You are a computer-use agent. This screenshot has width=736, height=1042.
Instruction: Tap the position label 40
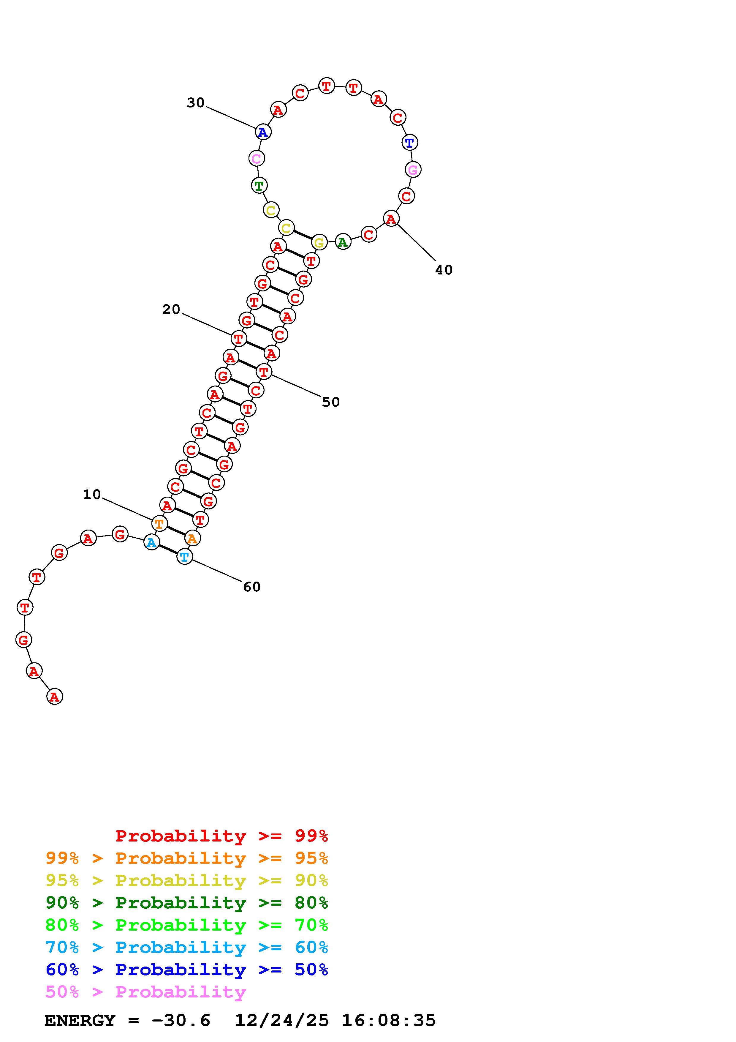[x=444, y=270]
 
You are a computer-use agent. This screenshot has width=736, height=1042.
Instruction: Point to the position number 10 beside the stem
[x=92, y=494]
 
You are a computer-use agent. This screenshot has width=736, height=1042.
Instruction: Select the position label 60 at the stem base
[x=252, y=587]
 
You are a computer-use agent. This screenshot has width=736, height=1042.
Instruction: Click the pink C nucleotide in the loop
[x=257, y=158]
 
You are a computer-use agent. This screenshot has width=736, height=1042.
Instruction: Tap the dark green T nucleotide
[x=259, y=185]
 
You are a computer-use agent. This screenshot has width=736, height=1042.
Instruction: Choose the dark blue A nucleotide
[x=262, y=132]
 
